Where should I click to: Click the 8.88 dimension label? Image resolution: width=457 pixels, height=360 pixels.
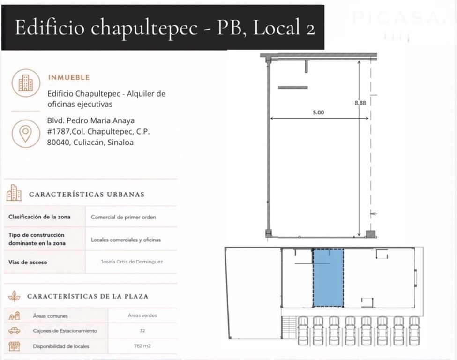pos(360,103)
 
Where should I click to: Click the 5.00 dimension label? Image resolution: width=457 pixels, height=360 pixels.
pos(318,112)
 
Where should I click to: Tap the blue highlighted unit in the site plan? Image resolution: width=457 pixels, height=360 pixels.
pos(328,278)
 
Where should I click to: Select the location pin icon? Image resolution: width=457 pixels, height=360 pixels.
pos(26,134)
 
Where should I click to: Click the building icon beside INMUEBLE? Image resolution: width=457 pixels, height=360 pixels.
pos(26,83)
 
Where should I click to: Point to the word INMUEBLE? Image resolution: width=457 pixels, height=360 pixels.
pos(69,77)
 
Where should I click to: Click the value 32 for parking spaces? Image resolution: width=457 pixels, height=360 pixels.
pos(142,330)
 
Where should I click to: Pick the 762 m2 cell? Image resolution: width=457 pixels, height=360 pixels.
pos(142,346)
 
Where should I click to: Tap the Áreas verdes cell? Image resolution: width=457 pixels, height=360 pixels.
pos(142,315)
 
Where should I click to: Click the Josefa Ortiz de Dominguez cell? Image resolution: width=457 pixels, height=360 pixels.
pos(132,262)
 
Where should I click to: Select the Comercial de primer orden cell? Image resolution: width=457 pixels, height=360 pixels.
pos(123,217)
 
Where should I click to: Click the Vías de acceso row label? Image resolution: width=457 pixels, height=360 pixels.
pos(28,262)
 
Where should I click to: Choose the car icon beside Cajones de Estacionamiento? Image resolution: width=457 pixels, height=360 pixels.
pos(14,330)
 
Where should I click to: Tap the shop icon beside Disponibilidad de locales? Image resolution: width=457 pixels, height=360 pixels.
pos(14,346)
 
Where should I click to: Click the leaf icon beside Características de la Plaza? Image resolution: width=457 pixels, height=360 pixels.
pos(14,296)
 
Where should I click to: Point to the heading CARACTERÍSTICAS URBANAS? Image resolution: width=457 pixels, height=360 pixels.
pos(87,195)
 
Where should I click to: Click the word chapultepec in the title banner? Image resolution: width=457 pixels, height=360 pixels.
pos(144,28)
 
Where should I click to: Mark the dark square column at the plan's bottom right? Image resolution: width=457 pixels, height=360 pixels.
pos(370,234)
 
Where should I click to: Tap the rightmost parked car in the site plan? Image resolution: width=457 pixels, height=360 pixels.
pos(414,331)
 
